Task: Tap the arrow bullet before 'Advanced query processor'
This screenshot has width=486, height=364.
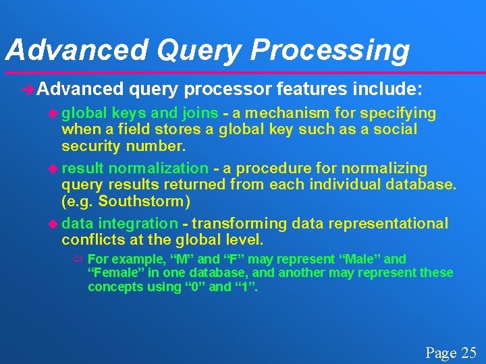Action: click(x=28, y=89)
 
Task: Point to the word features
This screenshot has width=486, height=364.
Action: click(x=308, y=89)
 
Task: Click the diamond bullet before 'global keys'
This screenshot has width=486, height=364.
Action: click(x=54, y=113)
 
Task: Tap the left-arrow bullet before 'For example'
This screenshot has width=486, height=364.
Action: click(x=78, y=260)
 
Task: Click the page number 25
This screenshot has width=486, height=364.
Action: click(x=468, y=352)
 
